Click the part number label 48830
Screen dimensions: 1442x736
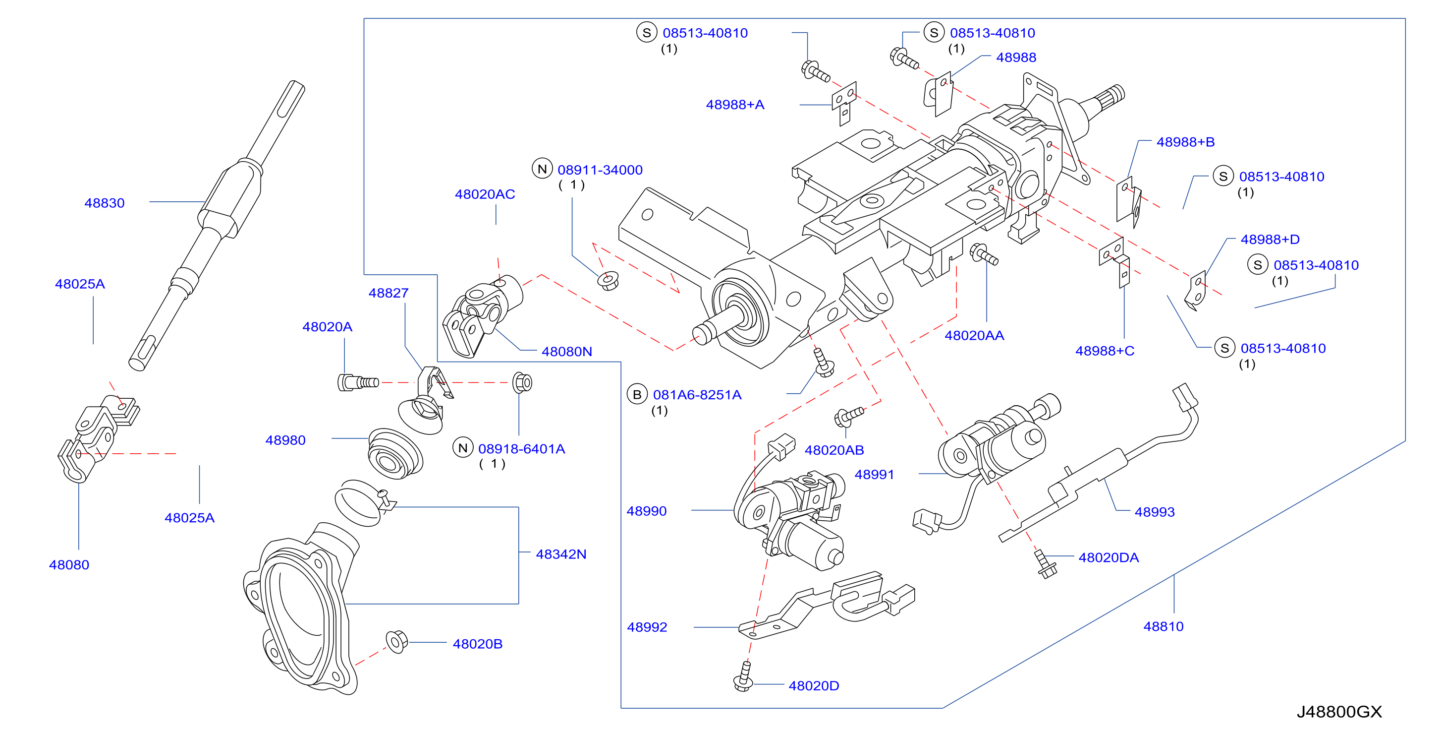pyautogui.click(x=104, y=203)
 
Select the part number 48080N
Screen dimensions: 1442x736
pyautogui.click(x=566, y=351)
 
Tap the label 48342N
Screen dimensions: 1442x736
pyautogui.click(x=561, y=554)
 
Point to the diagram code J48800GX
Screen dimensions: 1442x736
pyautogui.click(x=1339, y=711)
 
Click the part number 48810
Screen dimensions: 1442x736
pyautogui.click(x=1163, y=626)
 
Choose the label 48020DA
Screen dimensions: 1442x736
pyautogui.click(x=1109, y=557)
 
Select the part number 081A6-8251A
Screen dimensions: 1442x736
pyautogui.click(x=697, y=395)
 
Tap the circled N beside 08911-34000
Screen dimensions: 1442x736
pyautogui.click(x=542, y=169)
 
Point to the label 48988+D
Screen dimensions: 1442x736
pyautogui.click(x=1270, y=239)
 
